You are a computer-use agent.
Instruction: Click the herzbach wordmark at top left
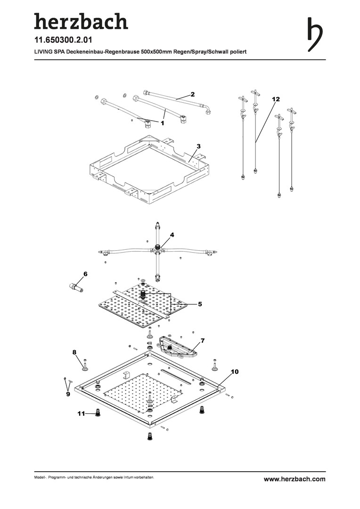point(81,21)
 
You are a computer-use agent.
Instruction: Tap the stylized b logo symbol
point(316,35)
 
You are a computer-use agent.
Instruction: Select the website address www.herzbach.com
point(295,479)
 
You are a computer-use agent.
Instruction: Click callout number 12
point(276,99)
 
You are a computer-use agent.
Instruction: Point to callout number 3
point(199,147)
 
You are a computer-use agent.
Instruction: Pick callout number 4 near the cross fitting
point(172,235)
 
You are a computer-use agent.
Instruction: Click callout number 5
point(200,304)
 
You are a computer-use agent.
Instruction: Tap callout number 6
point(85,274)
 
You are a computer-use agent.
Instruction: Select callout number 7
point(202,340)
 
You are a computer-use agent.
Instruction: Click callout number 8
point(74,352)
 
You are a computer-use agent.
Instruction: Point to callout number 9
point(68,394)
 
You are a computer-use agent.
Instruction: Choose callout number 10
point(235,372)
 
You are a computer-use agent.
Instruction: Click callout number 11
point(81,414)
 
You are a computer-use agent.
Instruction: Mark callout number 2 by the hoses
point(192,94)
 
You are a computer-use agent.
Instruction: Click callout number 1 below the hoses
point(162,123)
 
